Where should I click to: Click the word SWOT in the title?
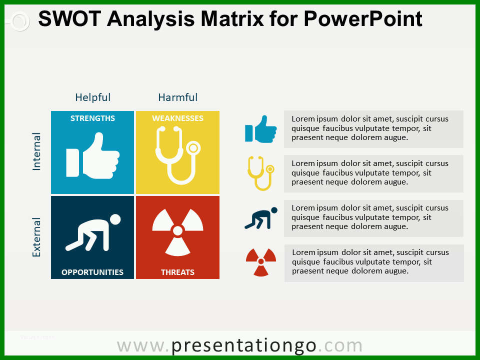[69, 18]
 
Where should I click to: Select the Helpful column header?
[93, 97]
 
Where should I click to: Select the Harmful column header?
[177, 97]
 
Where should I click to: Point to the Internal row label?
[36, 151]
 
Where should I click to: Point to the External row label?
[36, 237]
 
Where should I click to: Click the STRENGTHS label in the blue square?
[92, 118]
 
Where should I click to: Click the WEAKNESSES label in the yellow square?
[177, 118]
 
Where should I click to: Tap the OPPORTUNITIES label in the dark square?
[92, 272]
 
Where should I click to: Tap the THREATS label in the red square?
[177, 272]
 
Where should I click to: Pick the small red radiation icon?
[261, 261]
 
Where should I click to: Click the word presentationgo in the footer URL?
[243, 346]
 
